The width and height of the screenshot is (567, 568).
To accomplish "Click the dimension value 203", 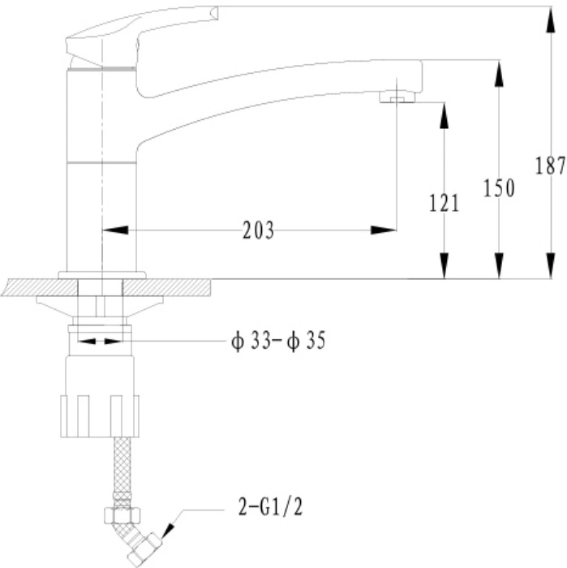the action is [258, 230].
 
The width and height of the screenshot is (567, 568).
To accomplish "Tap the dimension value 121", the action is [444, 203].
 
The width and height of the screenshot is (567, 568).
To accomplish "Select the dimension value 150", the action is [499, 188].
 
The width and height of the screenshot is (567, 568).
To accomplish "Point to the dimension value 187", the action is [550, 166].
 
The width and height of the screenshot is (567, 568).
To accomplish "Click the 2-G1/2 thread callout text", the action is [270, 507].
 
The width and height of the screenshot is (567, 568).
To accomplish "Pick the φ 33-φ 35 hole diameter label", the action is [278, 341].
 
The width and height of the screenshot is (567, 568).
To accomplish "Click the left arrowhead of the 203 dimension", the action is [115, 230].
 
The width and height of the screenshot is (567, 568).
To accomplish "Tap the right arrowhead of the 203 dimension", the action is [384, 230].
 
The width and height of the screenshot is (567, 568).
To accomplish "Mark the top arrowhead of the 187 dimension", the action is [550, 19].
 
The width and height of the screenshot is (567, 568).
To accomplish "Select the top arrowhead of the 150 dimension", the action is [499, 74].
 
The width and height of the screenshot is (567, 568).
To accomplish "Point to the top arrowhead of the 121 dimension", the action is [444, 116].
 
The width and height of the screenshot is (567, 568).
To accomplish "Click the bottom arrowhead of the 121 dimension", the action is [444, 265].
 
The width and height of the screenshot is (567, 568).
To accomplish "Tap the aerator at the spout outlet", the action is [397, 97].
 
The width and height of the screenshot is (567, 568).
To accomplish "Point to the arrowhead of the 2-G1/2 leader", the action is [168, 531].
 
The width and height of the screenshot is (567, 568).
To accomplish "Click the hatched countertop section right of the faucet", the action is [166, 287].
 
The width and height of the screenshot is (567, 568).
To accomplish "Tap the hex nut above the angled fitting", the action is [122, 515].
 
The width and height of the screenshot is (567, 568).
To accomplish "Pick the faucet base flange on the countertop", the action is [102, 275].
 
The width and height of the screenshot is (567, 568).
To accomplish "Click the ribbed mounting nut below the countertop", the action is [100, 415].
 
